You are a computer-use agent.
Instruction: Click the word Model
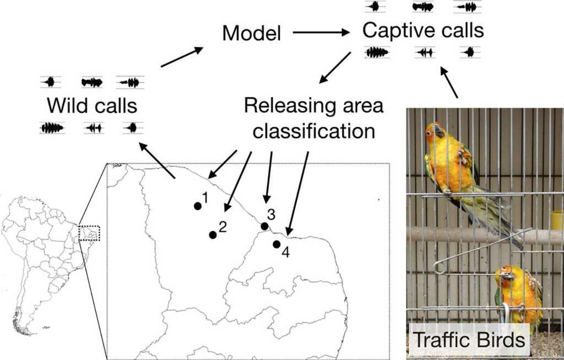click(x=251, y=34)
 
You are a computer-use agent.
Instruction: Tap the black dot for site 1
click(x=197, y=206)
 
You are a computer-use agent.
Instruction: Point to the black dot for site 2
click(x=213, y=235)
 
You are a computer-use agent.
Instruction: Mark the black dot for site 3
click(x=264, y=226)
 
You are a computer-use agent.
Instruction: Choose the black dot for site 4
click(x=276, y=244)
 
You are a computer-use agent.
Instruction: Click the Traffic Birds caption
click(x=469, y=340)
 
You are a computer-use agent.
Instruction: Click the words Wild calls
click(x=91, y=105)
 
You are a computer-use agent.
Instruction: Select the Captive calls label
click(x=423, y=30)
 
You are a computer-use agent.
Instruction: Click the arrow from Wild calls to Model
click(x=181, y=57)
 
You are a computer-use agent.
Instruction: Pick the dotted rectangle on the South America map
click(x=90, y=233)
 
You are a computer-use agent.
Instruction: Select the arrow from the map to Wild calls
click(x=158, y=160)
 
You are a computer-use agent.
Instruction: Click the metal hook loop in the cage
click(x=439, y=268)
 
